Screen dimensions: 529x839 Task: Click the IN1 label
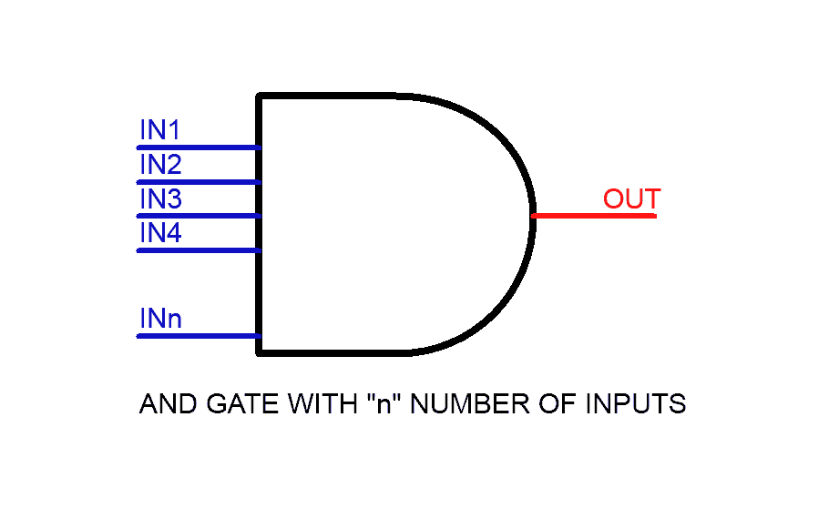tap(159, 131)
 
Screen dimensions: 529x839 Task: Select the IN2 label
tap(160, 166)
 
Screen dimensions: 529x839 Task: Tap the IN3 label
tap(160, 199)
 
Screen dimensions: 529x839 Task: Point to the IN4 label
tap(160, 234)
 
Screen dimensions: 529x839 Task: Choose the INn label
tap(160, 320)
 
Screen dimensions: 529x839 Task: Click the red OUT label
tap(631, 199)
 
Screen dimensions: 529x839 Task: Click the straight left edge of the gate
tap(260, 282)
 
